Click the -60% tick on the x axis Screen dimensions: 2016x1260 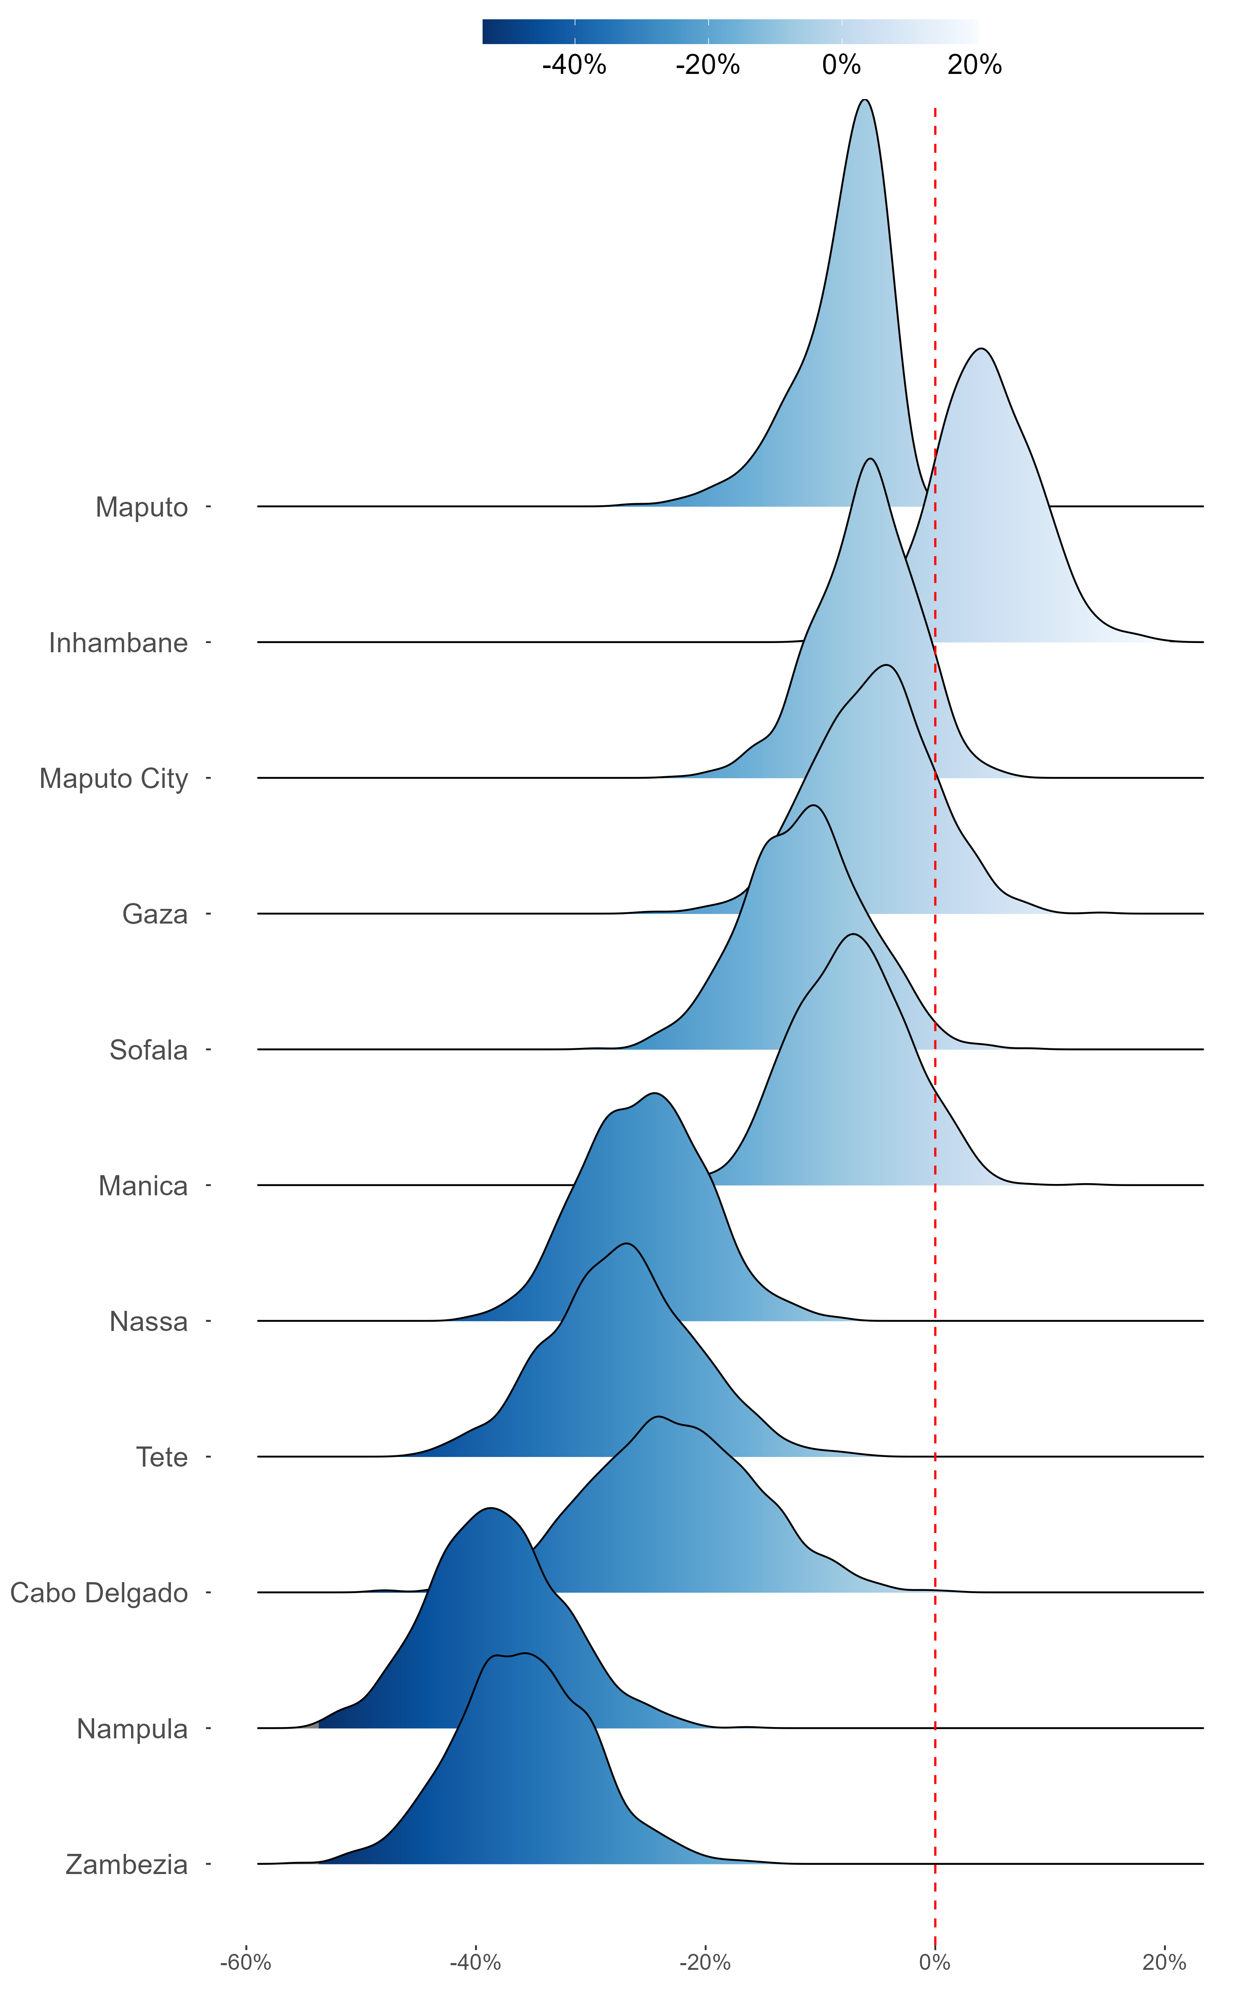[246, 1963]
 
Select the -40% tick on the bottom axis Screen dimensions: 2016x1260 [475, 1963]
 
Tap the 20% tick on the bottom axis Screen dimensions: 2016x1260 [1164, 1963]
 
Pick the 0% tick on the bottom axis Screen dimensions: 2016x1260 [935, 1963]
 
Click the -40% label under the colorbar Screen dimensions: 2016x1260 [574, 65]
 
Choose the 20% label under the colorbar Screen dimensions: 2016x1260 [975, 65]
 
